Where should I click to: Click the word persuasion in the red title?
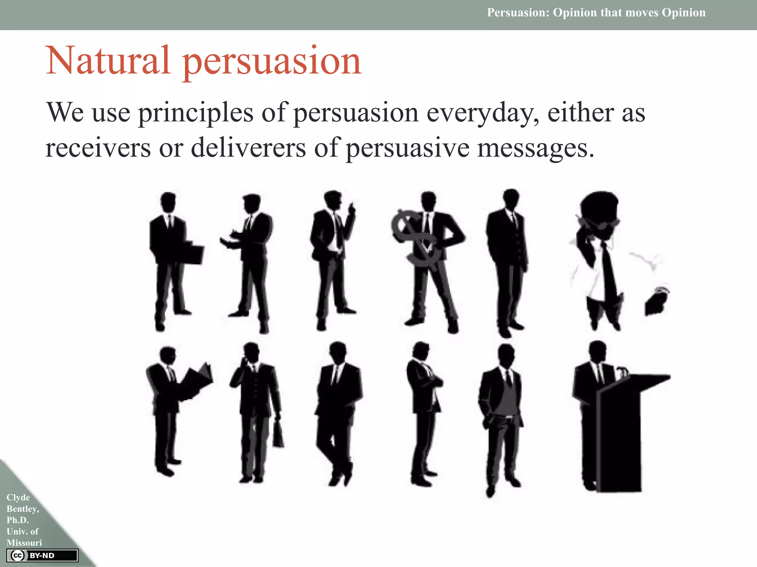pos(272,62)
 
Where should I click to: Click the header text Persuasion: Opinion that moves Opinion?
pos(596,13)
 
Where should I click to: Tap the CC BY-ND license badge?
pos(42,556)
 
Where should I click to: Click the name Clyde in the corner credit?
pos(18,497)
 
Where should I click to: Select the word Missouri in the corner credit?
pos(24,543)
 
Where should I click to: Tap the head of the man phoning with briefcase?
pos(251,353)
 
